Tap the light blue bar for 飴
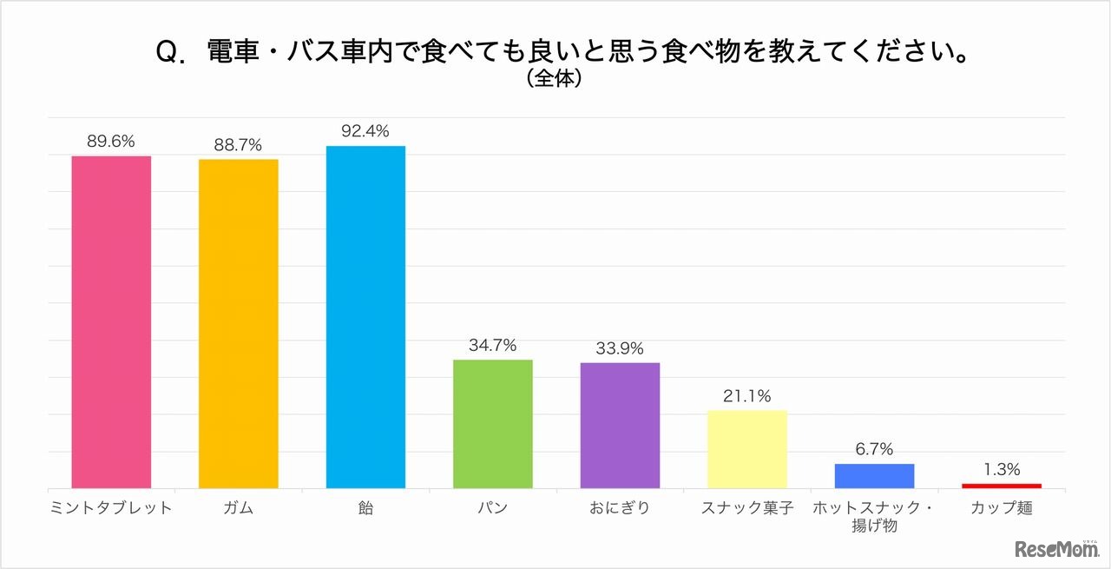tap(365, 317)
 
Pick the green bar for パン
tap(492, 424)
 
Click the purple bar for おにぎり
tap(620, 425)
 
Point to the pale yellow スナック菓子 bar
tap(746, 449)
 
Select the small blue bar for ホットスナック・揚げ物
tap(874, 476)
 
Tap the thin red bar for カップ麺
tap(1001, 486)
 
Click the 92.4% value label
tap(365, 132)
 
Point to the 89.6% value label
tap(111, 142)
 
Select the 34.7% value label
tap(492, 346)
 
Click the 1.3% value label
tap(1001, 470)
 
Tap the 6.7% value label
tap(874, 449)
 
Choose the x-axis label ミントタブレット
tap(111, 508)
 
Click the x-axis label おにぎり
tap(620, 508)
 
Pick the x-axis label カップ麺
tap(1001, 508)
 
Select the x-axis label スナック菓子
tap(746, 508)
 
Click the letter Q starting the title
tap(167, 54)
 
